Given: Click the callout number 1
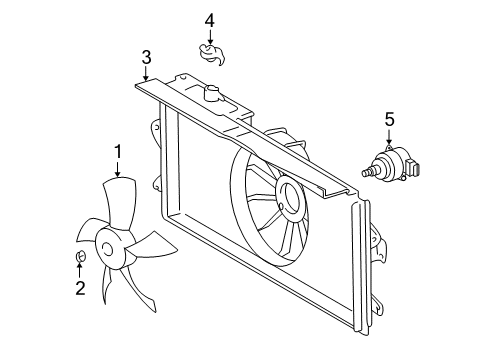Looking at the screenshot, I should click(117, 151).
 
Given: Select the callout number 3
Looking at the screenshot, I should click(146, 56).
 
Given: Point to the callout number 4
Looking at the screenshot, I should click(210, 20).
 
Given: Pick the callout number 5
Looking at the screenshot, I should click(389, 122).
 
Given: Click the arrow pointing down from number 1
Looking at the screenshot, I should click(117, 169).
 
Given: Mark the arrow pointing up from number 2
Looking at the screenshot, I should click(79, 271).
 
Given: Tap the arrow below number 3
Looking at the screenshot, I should click(146, 74).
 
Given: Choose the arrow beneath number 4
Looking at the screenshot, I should click(210, 38).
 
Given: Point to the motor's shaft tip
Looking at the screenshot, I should click(365, 173).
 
